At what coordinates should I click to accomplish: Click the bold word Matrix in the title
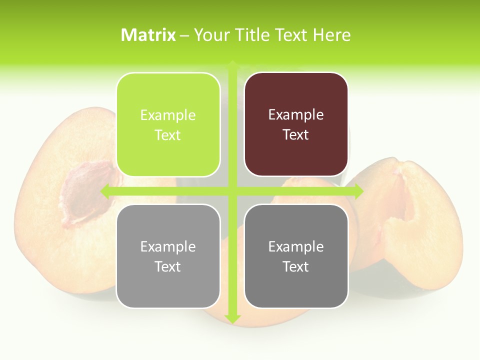point(148,35)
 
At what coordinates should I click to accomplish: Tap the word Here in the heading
point(332,35)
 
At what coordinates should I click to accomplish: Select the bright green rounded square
point(168,124)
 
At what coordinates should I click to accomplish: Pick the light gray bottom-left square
point(168,256)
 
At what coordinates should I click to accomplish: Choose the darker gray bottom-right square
point(296,256)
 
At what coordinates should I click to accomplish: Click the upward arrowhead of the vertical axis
point(232,64)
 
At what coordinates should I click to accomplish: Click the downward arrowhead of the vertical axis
point(232,318)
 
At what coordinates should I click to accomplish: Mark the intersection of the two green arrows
point(232,191)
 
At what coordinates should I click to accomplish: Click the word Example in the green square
point(168,115)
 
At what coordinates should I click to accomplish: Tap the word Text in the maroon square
point(296,135)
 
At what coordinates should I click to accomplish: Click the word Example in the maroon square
point(296,115)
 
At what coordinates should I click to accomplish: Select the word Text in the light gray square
point(168,266)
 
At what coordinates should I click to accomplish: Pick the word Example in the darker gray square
point(296,246)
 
